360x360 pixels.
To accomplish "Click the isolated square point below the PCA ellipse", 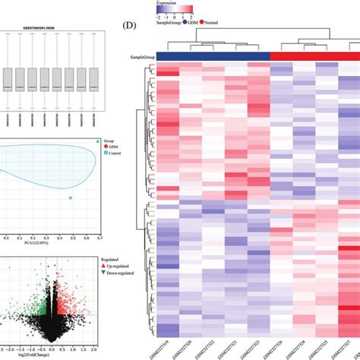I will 71,198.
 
